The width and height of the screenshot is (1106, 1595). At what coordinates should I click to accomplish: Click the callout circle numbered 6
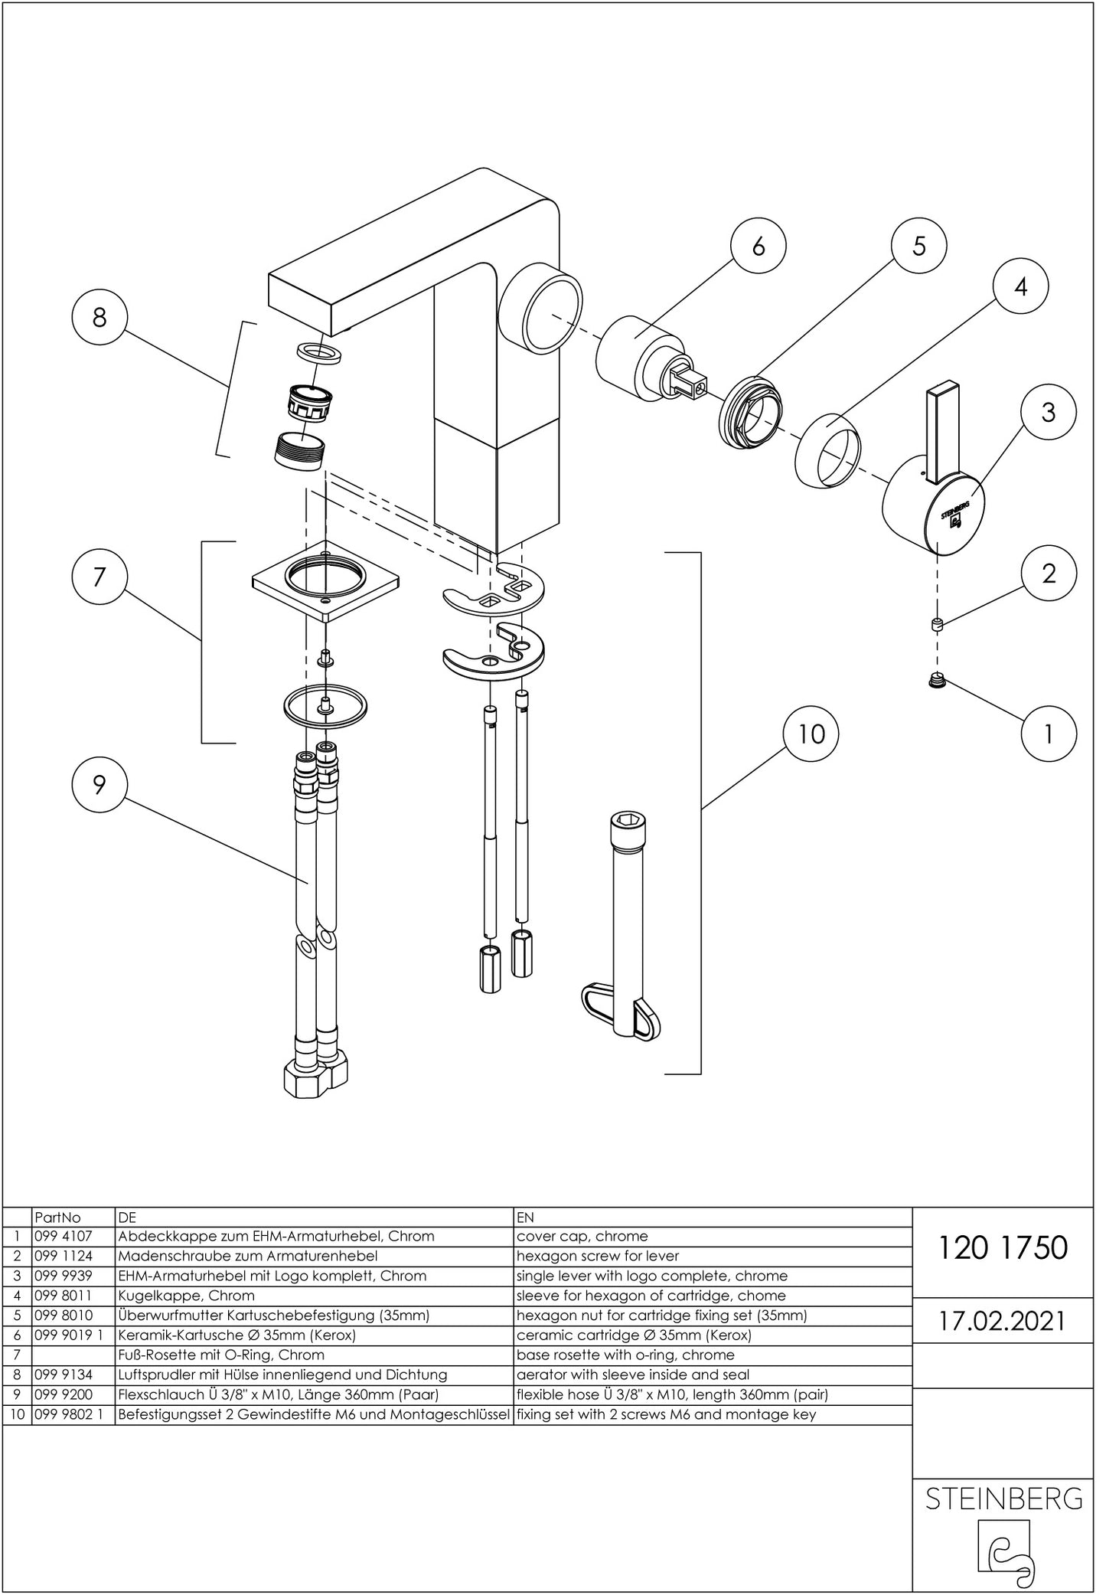click(758, 246)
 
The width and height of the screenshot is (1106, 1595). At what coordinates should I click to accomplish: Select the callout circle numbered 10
click(811, 734)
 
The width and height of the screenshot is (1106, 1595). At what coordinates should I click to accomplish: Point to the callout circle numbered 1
click(1049, 734)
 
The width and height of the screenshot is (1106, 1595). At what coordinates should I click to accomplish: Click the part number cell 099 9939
click(64, 1276)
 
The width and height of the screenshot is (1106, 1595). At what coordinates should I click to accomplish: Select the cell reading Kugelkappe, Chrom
click(188, 1296)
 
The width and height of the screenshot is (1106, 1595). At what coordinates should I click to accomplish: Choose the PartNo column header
click(57, 1217)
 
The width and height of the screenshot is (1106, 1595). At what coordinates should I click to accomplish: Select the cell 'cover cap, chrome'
click(582, 1236)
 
